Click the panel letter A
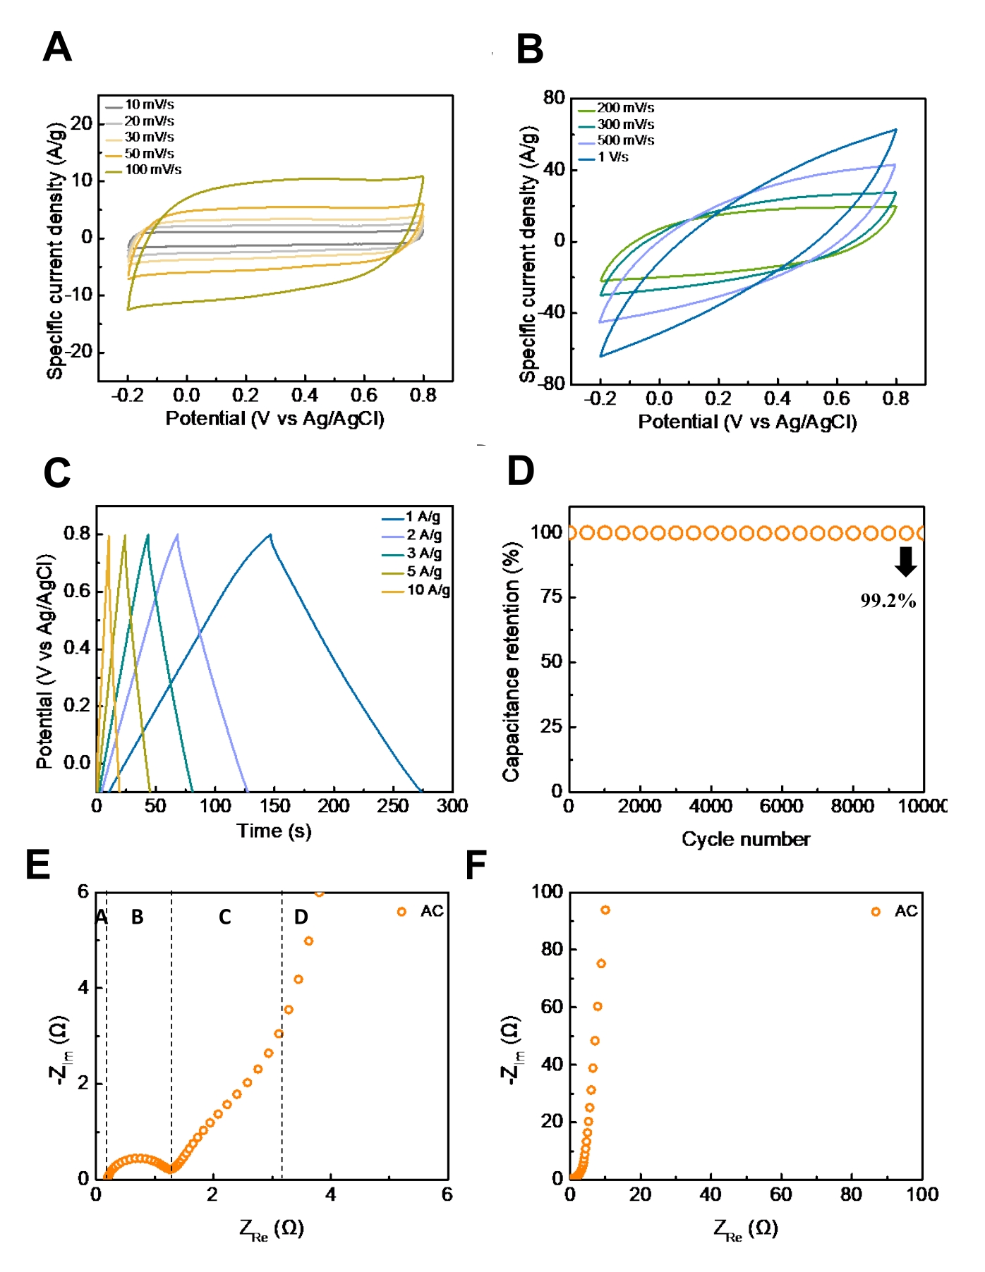pyautogui.click(x=57, y=48)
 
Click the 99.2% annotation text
pyautogui.click(x=888, y=601)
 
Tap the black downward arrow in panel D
pyautogui.click(x=905, y=561)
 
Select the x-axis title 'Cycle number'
pyautogui.click(x=746, y=839)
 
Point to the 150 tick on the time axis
pyautogui.click(x=274, y=806)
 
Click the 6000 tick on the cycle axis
pyautogui.click(x=782, y=806)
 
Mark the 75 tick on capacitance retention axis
pyautogui.click(x=551, y=597)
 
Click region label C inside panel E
pyautogui.click(x=224, y=917)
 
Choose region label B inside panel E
pyautogui.click(x=137, y=917)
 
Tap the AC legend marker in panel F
pyautogui.click(x=876, y=912)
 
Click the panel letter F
pyautogui.click(x=476, y=865)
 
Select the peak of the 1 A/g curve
pyautogui.click(x=270, y=534)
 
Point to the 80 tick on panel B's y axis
pyautogui.click(x=554, y=98)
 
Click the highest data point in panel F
pyautogui.click(x=605, y=910)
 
